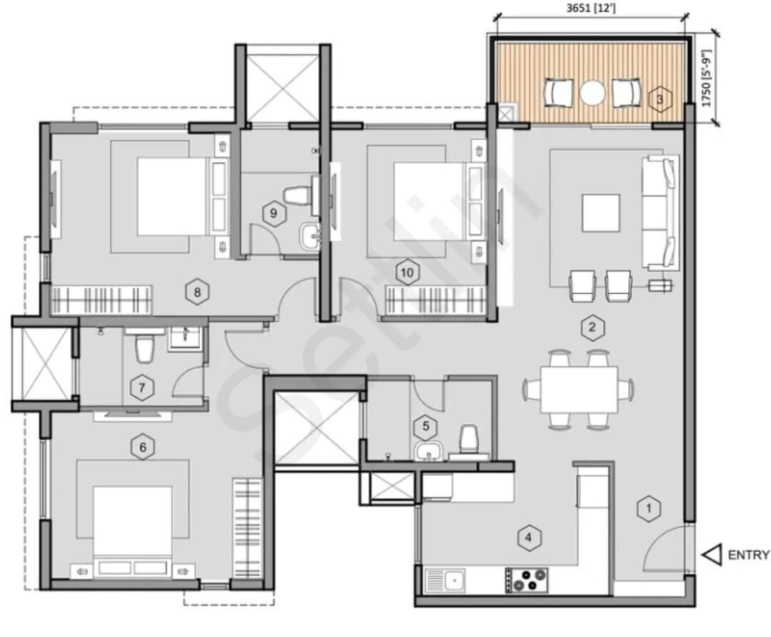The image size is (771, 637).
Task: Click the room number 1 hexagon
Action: click(648, 509)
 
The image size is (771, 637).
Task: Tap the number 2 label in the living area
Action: click(592, 328)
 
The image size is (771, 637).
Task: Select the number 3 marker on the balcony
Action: click(660, 99)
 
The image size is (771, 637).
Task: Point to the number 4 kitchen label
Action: click(528, 537)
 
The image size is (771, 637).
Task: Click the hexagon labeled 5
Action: click(426, 427)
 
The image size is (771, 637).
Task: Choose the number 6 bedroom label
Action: click(143, 447)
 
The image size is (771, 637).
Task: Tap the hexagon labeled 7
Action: click(142, 388)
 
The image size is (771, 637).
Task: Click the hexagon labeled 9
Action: click(272, 212)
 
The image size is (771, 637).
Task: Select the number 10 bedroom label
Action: click(407, 272)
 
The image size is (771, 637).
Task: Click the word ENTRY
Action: click(749, 555)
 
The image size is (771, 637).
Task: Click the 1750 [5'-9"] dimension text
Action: click(708, 78)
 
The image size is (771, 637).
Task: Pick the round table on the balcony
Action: click(592, 93)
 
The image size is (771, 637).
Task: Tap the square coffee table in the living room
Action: click(600, 213)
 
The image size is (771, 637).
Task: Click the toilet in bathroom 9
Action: click(296, 193)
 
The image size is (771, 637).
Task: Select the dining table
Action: click(578, 389)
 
